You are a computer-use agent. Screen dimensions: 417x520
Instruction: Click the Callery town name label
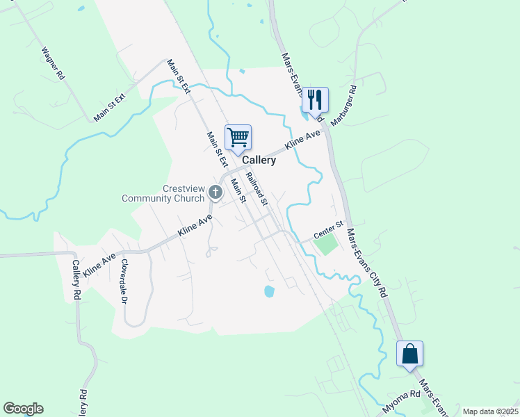coord(259,160)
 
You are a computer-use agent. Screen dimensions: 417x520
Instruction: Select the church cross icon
coord(216,190)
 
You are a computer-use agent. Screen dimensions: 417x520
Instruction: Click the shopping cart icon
coord(238,137)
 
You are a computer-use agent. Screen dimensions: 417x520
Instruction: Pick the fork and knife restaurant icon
coord(314,99)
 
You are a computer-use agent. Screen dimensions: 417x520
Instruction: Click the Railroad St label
coord(256,188)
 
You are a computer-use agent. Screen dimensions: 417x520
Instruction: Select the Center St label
coord(329,227)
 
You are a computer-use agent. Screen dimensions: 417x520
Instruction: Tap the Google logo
coord(23,409)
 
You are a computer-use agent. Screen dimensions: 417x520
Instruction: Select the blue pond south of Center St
coord(269,291)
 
